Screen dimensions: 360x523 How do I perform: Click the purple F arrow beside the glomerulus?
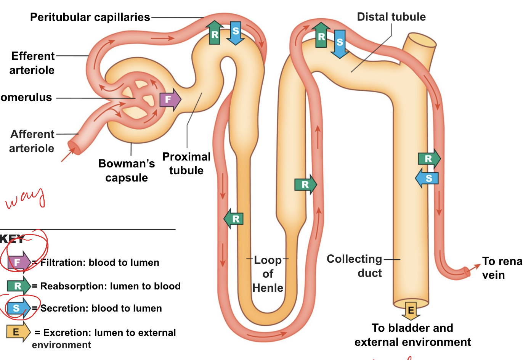170,100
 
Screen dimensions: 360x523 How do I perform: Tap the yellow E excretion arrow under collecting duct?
411,310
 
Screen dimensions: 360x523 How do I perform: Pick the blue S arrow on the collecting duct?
427,178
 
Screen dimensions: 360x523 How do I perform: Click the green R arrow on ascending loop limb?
305,185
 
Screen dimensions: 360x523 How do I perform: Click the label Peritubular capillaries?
90,17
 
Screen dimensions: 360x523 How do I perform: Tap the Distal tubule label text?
391,17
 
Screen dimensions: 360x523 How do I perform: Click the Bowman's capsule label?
127,170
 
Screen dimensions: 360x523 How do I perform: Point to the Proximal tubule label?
186,164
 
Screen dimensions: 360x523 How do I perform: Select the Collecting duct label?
355,266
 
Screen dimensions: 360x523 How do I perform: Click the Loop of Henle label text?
268,274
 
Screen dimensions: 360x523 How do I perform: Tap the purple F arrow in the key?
19,262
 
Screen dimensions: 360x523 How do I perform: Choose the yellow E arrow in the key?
18,332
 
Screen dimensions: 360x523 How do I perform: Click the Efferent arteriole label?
33,63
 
